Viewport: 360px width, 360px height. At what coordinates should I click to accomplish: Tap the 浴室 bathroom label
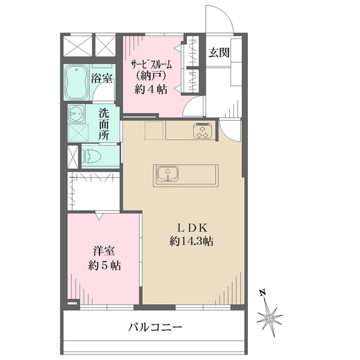[x=101, y=78]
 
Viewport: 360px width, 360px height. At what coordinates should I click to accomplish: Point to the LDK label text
[x=191, y=228]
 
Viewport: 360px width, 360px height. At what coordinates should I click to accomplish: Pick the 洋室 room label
[x=103, y=251]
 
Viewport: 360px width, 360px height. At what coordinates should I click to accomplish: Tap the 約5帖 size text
[x=103, y=265]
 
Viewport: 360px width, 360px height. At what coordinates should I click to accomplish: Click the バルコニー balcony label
[x=155, y=328]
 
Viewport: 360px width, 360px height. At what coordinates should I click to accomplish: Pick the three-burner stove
[x=202, y=131]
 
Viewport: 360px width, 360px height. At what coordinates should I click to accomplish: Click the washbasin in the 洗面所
[x=76, y=112]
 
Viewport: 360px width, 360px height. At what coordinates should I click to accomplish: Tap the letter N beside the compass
[x=262, y=293]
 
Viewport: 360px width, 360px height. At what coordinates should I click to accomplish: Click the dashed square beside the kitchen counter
[x=154, y=131]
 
